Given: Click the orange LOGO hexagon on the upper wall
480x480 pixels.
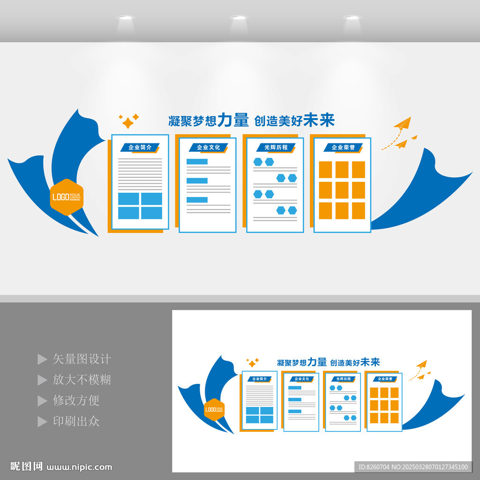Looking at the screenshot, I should (x=67, y=197).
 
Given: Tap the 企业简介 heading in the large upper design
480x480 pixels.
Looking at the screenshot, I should (x=140, y=148).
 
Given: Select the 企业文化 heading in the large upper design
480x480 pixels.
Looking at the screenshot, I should (x=208, y=148).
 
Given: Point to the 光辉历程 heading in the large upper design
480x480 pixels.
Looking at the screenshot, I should (x=276, y=148).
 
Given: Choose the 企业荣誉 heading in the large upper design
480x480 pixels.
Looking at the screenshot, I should (x=343, y=148).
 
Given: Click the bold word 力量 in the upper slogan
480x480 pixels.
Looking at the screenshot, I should (x=233, y=120).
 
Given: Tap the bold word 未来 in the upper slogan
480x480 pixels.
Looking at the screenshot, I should (x=319, y=120).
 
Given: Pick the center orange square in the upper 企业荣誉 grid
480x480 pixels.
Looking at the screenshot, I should (x=342, y=190).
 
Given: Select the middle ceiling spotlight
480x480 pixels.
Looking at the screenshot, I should (x=239, y=18).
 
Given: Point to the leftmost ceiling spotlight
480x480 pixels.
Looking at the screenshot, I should (x=125, y=18).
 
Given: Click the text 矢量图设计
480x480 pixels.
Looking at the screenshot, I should (x=82, y=359).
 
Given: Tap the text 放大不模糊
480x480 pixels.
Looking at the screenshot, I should (x=82, y=380).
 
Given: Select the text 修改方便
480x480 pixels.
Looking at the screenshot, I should (x=76, y=400).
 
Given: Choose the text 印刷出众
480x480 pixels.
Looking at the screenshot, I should (x=76, y=421).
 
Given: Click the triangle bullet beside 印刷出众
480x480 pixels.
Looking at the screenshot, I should (x=42, y=421).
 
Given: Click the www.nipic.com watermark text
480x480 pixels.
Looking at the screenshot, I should (x=80, y=467).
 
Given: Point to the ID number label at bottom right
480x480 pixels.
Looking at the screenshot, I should (x=413, y=467).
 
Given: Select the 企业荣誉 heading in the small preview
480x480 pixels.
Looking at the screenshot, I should (x=384, y=379).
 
